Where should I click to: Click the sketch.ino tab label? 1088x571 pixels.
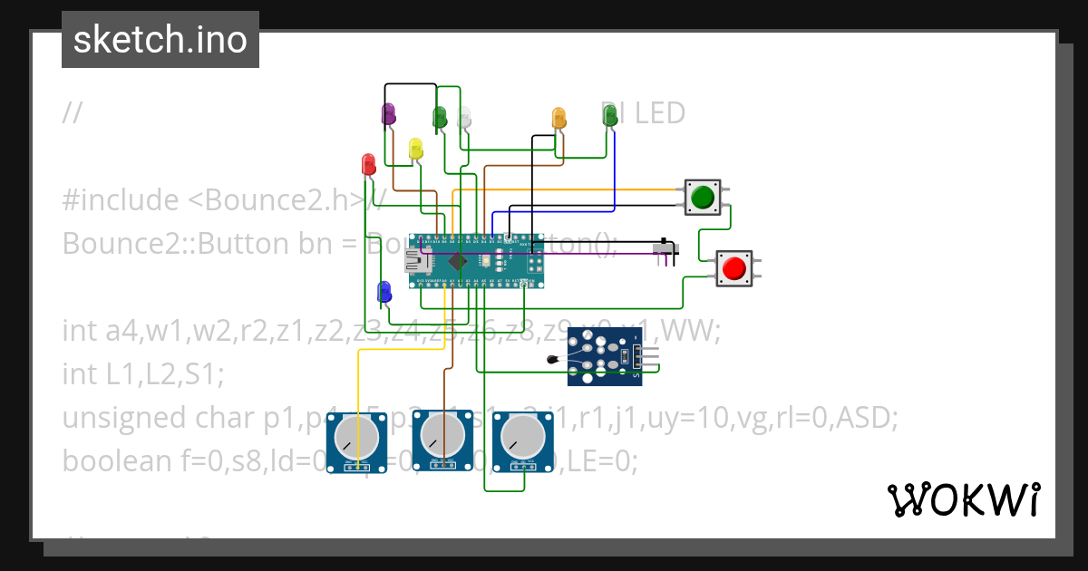coord(160,40)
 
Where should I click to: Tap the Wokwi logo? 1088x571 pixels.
coord(962,499)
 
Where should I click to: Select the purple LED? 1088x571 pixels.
coord(389,114)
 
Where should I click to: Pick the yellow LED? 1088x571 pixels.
coord(415,149)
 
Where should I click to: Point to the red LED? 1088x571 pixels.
coord(368,164)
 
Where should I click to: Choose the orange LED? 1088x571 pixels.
coord(559,119)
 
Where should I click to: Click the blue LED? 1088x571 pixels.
coord(384,292)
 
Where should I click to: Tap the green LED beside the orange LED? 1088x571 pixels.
coord(610,115)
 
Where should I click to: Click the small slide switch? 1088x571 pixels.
coord(665,249)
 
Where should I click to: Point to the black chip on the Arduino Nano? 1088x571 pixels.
coord(458,262)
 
